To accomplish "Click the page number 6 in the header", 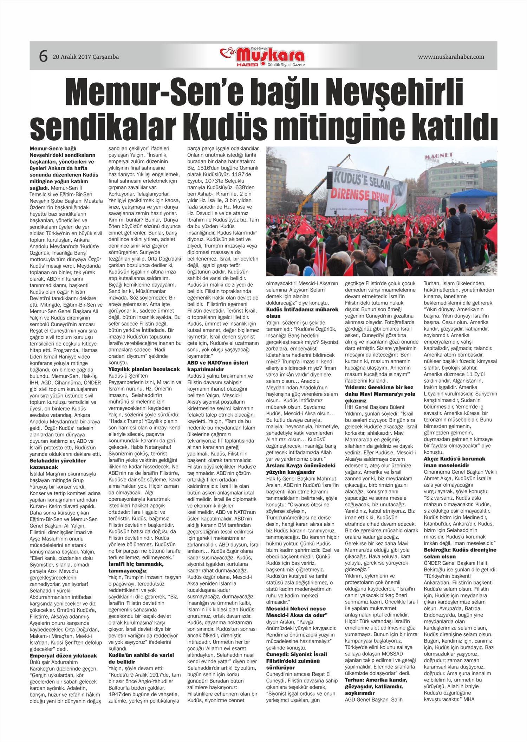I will coord(44,56).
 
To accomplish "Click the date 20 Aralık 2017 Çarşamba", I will coord(86,57).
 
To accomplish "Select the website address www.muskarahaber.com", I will coord(451,57).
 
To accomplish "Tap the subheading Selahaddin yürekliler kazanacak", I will coord(58,464).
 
